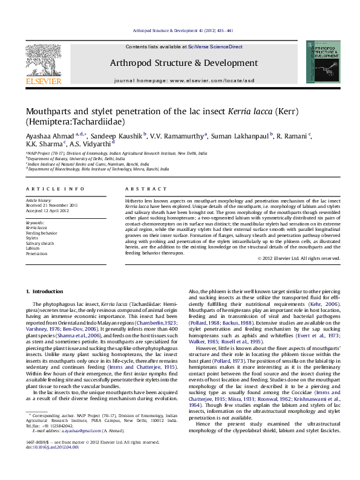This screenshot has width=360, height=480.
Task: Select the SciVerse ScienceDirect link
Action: [x=215, y=47]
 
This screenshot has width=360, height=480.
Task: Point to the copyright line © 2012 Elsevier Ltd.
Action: [x=299, y=258]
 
